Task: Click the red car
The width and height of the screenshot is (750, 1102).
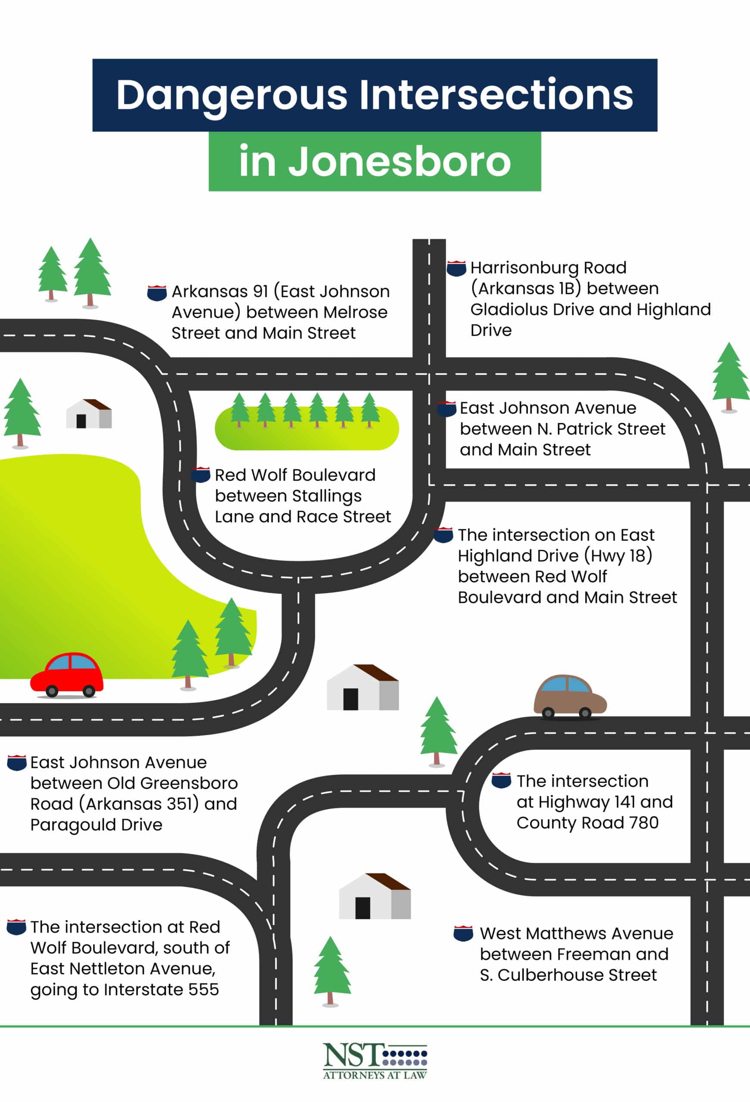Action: [67, 675]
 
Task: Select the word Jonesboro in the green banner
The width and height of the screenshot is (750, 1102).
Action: [399, 162]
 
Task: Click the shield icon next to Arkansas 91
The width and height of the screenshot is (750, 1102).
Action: [157, 293]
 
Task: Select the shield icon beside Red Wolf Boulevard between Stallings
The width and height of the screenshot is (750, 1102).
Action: [201, 475]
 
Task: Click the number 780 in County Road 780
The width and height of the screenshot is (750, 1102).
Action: [643, 822]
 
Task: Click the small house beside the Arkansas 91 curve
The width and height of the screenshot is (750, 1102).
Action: [89, 414]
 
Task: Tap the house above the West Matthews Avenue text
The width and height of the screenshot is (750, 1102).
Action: [374, 897]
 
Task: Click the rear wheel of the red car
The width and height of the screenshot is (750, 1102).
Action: [52, 691]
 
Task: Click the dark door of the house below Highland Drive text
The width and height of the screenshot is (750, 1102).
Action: [351, 699]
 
